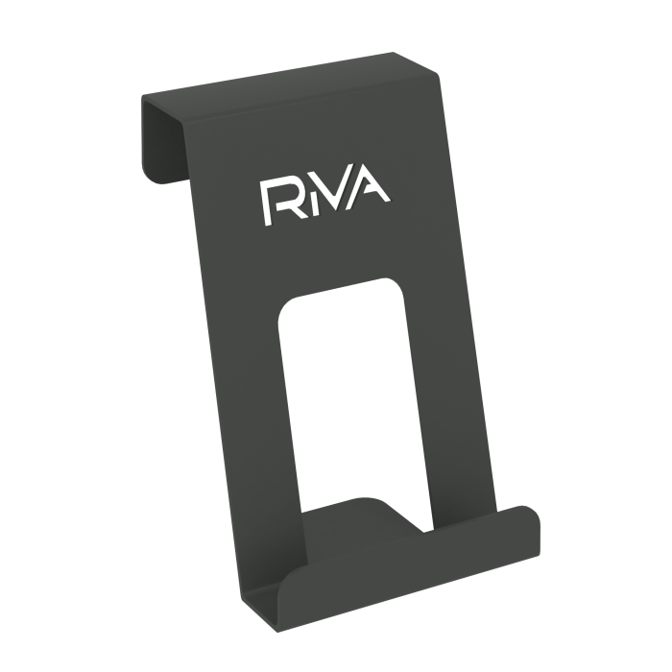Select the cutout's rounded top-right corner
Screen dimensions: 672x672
click(395, 286)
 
